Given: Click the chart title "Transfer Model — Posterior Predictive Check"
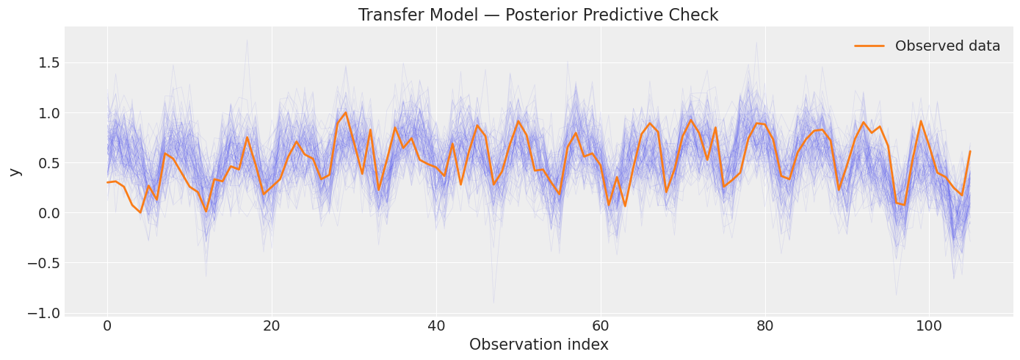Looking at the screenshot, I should pos(538,15).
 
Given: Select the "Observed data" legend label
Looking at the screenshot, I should pos(947,46).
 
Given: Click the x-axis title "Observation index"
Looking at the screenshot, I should pos(538,345).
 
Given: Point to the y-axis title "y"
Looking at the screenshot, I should pos(15,172).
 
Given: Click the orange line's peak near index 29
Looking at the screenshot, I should pos(346,112).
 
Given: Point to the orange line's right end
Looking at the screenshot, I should pos(970,151).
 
